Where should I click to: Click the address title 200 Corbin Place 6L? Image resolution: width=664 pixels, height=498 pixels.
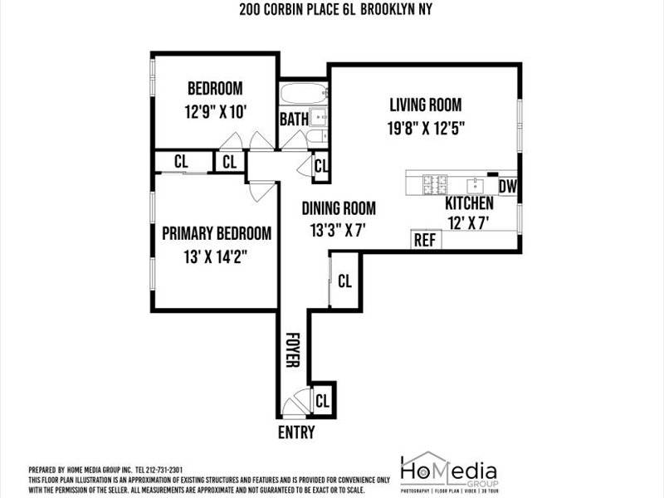[331, 9]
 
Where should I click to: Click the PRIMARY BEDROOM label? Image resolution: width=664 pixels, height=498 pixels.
[217, 233]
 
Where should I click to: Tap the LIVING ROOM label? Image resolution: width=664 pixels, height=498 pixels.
[426, 105]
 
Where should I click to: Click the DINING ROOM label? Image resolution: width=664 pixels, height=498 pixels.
[339, 208]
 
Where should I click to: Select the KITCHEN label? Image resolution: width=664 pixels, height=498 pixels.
[470, 203]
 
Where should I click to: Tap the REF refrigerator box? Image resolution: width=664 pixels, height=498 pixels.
[425, 240]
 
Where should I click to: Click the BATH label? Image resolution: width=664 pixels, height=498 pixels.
[294, 120]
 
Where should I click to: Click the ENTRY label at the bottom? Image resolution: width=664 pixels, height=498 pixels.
[296, 433]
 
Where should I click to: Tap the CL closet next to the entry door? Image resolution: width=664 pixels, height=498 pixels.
[323, 401]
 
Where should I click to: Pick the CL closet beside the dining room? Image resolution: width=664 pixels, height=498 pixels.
[345, 281]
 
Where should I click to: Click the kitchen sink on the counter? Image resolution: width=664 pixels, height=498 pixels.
[476, 183]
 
